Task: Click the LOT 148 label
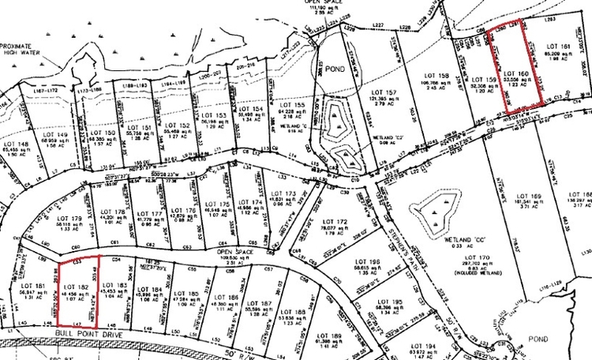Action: point(17,144)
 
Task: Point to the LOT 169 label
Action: point(526,195)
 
